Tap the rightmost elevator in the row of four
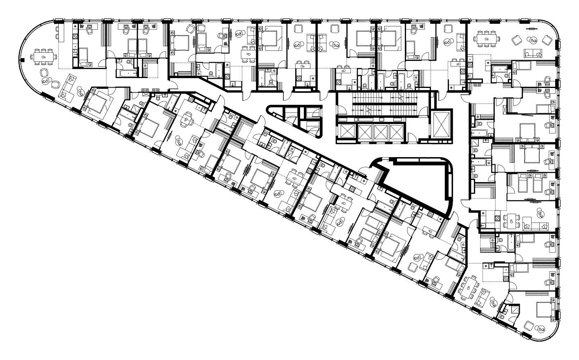click(x=397, y=132)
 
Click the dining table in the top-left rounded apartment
click(x=43, y=56)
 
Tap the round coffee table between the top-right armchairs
click(x=532, y=40)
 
